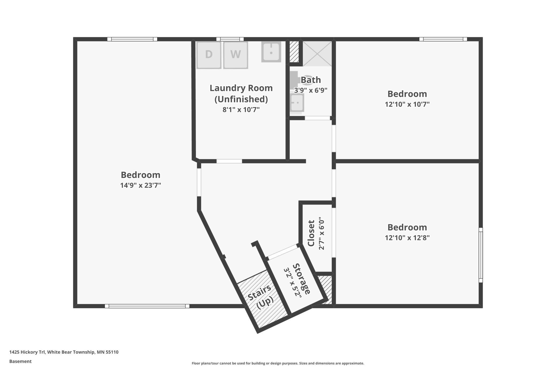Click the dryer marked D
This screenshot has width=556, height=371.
point(209,55)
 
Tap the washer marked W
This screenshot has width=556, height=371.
point(235,55)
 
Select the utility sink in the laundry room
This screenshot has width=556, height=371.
point(271,52)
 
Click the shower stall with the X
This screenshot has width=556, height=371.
point(317,54)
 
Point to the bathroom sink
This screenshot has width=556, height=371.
point(297,103)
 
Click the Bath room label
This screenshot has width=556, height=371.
point(311,80)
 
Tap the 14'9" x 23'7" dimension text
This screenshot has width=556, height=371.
point(140,185)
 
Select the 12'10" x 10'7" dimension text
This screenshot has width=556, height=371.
point(407,104)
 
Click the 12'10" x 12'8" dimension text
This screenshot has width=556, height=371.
point(407,238)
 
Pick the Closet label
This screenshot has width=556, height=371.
point(311,233)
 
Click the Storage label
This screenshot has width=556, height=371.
point(302,279)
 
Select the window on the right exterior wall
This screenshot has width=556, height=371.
point(480,255)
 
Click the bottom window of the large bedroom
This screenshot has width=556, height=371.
point(147,306)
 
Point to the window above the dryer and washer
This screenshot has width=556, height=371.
point(230,39)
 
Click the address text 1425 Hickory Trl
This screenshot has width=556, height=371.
point(64,352)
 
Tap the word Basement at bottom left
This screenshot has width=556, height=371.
point(20,361)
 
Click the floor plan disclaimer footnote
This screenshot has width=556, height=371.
point(278,363)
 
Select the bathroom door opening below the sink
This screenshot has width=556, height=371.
point(317,118)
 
